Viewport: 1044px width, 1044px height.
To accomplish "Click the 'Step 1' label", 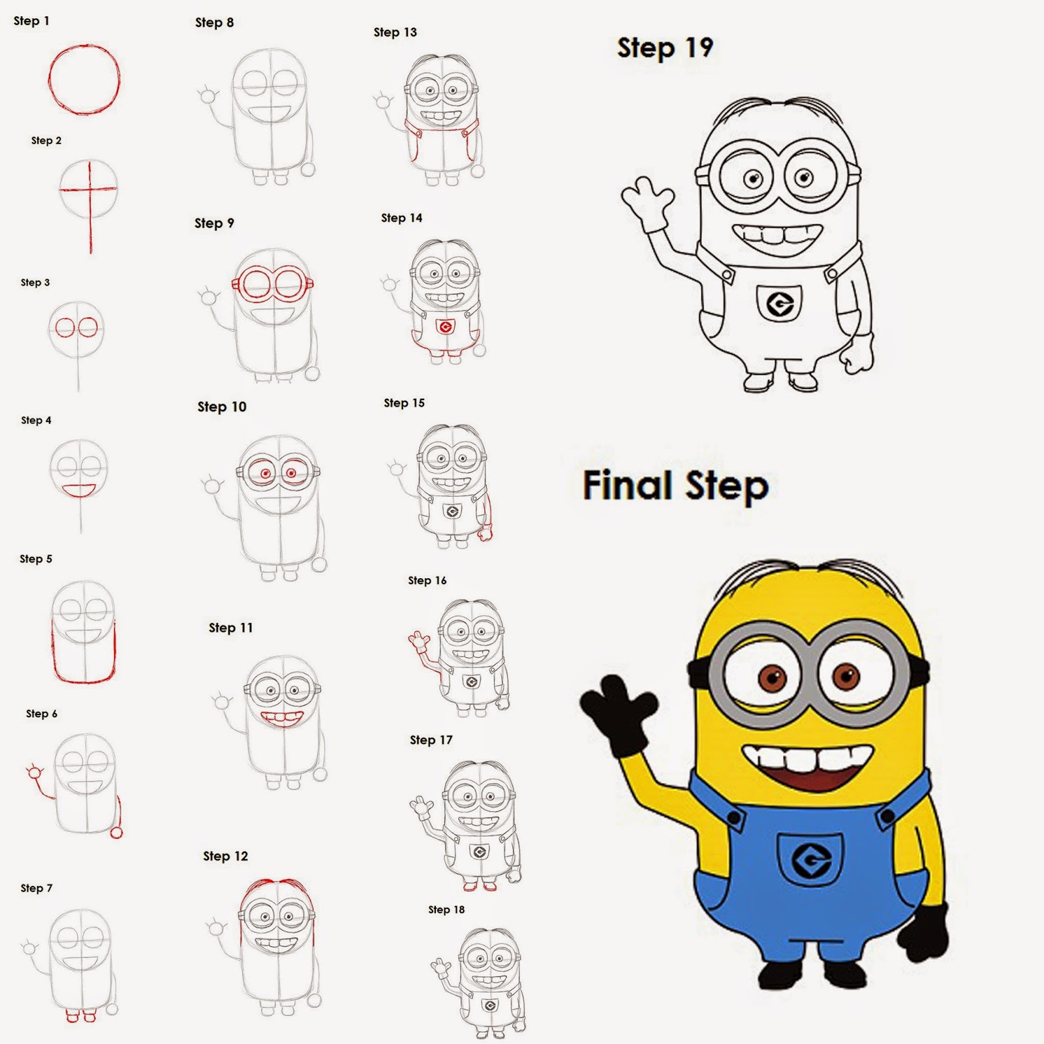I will pyautogui.click(x=31, y=21).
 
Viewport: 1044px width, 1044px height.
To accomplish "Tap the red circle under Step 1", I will pyautogui.click(x=84, y=80).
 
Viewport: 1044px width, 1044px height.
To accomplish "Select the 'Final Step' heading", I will pyautogui.click(x=675, y=486).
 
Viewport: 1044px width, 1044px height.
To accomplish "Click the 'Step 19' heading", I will pyautogui.click(x=665, y=48).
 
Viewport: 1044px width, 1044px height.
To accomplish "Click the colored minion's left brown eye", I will pyautogui.click(x=770, y=679).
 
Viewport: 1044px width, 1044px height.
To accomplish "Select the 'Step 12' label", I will pyautogui.click(x=225, y=856).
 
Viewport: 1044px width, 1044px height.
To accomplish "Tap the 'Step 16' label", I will pyautogui.click(x=427, y=581).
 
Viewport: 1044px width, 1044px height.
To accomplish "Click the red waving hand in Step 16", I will pyautogui.click(x=417, y=642).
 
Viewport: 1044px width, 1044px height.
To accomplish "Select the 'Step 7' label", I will pyautogui.click(x=37, y=888).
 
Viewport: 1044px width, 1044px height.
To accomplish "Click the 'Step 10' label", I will pyautogui.click(x=222, y=407).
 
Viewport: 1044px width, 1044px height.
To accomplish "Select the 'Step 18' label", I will pyautogui.click(x=446, y=910).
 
